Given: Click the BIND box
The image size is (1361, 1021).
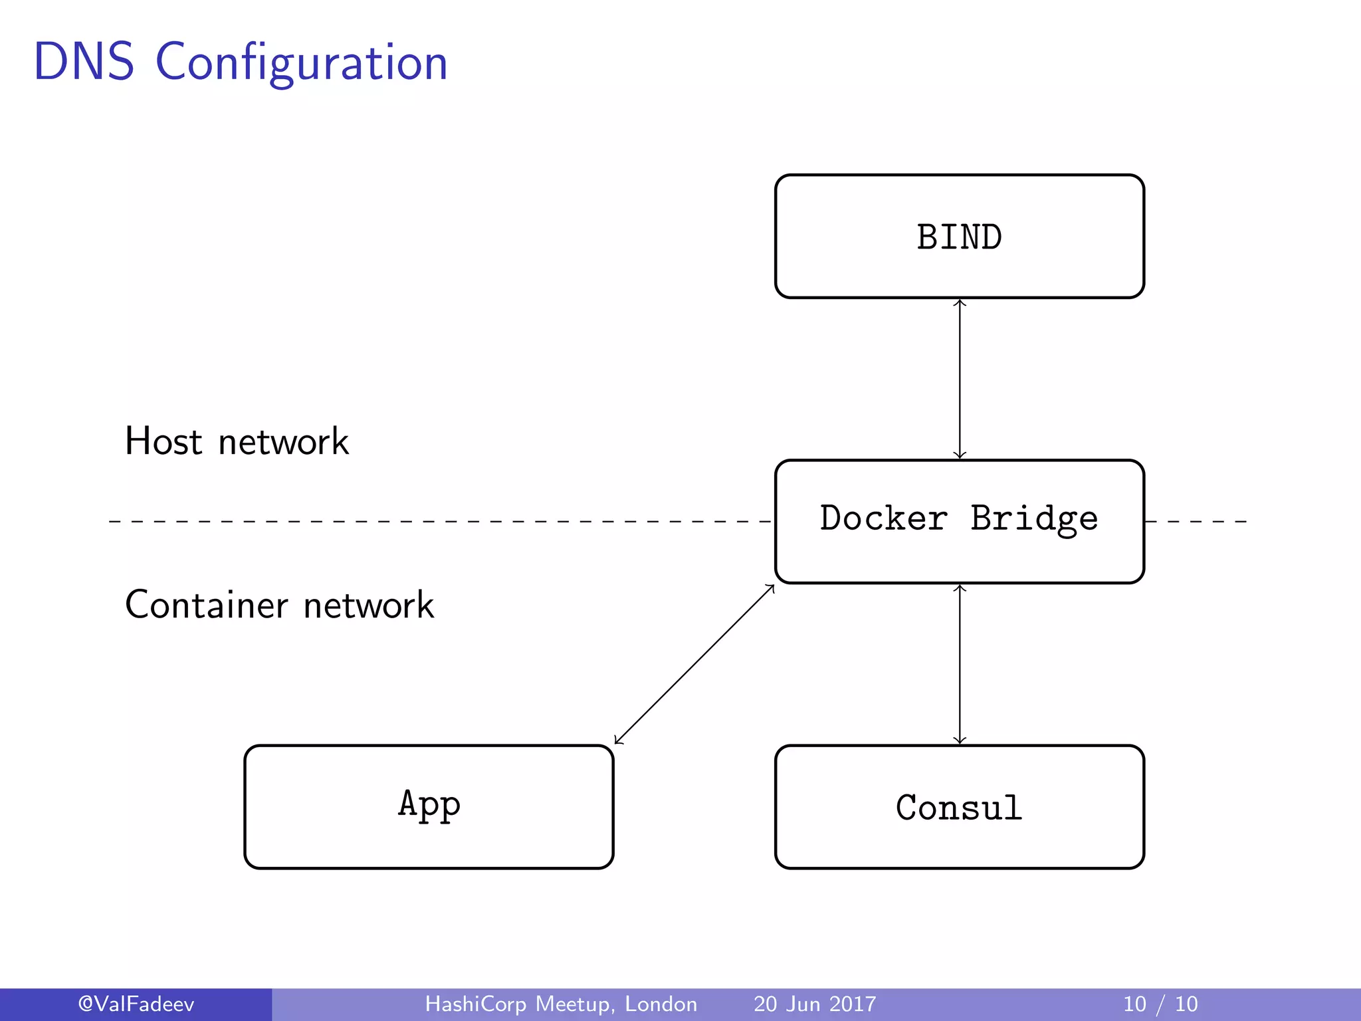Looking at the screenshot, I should tap(959, 237).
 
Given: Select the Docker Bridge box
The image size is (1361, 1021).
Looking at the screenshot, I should tap(959, 521).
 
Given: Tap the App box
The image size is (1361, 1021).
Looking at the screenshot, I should tap(429, 806).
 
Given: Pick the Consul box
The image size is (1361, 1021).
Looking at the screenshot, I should tap(959, 807).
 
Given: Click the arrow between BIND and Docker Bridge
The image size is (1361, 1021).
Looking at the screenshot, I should tap(960, 379).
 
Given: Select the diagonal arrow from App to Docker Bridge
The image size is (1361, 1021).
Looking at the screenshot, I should tap(694, 664).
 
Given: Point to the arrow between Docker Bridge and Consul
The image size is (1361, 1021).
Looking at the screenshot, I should tap(960, 664).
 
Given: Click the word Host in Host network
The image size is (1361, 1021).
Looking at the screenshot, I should tap(163, 441).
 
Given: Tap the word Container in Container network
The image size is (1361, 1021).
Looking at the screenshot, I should tap(206, 605).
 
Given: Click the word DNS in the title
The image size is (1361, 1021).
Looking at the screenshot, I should tap(84, 62).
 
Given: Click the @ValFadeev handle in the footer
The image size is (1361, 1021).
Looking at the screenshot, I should tap(136, 1004).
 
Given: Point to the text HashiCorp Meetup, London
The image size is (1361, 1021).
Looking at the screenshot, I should tap(561, 1004).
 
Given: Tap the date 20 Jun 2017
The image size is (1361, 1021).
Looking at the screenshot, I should tap(815, 1004).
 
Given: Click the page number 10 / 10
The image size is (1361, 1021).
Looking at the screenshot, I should tap(1160, 1004).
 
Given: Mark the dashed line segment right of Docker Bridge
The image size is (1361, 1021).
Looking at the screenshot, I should tap(1196, 522).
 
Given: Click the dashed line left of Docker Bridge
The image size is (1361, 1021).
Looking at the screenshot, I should tap(439, 522).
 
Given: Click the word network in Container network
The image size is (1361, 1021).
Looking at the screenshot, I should tap(369, 606).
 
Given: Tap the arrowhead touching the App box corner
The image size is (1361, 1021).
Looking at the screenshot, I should tap(617, 740).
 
